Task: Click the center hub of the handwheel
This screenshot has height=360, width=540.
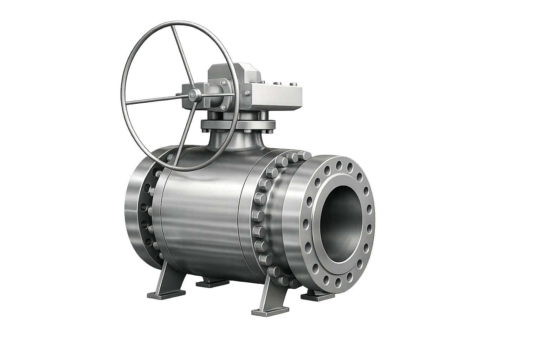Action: click(193, 94)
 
